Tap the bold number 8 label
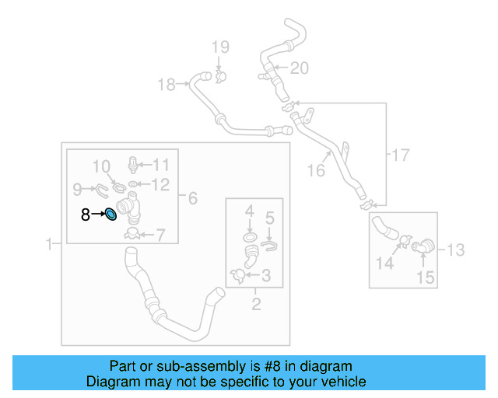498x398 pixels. coord(86,215)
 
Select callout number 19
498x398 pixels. coord(219,47)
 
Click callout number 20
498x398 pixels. coord(300,68)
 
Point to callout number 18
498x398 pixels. coord(167,85)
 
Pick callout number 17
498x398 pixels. coord(399,155)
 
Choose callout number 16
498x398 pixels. coord(315,169)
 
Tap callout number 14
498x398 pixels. coord(385,264)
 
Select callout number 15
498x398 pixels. coord(424,277)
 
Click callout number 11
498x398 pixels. coord(160,164)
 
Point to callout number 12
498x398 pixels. coord(160,184)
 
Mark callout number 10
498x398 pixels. coord(103,166)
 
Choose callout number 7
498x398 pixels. coord(160,233)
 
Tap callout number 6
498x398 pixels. coord(192,198)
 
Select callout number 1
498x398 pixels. coord(51,244)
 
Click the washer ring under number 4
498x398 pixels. coord(250,236)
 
